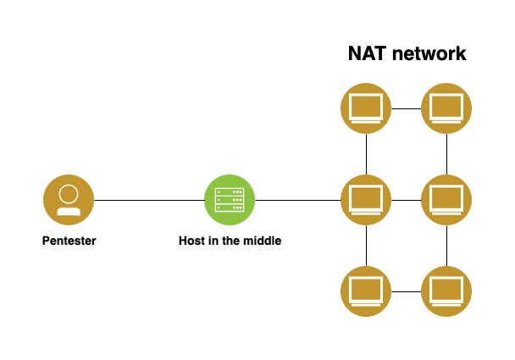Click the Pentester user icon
68,200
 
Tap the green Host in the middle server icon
230,200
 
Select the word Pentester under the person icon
69,241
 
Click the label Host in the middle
230,241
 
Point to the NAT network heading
407,53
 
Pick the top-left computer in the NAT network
366,108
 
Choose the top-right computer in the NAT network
446,108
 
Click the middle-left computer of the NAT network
366,200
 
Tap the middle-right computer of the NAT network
446,200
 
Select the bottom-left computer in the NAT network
366,291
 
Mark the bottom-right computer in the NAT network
446,291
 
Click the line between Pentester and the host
148,200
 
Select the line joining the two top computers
407,108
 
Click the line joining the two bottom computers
407,291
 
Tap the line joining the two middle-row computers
407,200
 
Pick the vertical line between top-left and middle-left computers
366,154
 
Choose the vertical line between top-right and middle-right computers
446,154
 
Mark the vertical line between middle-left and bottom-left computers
366,246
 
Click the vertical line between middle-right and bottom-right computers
446,246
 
